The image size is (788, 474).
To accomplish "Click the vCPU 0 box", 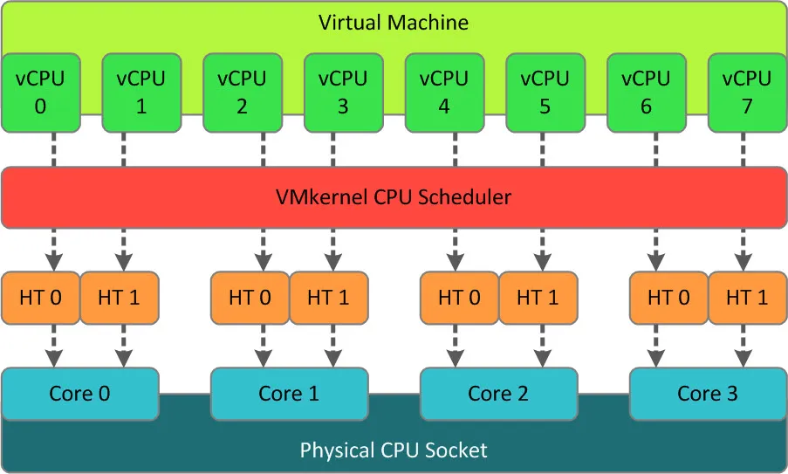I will tap(40, 92).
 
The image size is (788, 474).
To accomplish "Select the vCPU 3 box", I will tap(342, 92).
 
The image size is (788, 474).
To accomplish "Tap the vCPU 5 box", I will tap(545, 92).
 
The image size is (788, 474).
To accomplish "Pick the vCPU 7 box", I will tap(747, 92).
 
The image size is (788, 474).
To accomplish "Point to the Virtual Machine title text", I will tap(393, 22).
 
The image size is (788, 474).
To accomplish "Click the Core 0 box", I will tap(81, 393).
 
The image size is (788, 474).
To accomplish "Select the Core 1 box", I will tap(290, 393).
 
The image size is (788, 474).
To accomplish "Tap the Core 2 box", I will tap(498, 393).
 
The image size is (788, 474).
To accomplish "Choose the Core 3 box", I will tap(708, 393).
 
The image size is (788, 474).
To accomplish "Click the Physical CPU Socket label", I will tap(394, 450).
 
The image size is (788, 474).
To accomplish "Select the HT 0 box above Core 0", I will tap(40, 297).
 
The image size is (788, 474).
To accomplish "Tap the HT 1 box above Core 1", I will tap(328, 297).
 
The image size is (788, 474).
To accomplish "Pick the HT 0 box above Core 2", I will tap(459, 297).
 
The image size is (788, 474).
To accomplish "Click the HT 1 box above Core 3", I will tap(748, 297).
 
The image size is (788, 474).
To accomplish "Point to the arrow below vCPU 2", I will tap(242, 149).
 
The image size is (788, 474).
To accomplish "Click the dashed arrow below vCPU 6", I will tap(646, 149).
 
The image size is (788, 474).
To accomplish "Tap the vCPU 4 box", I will tap(443, 92).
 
